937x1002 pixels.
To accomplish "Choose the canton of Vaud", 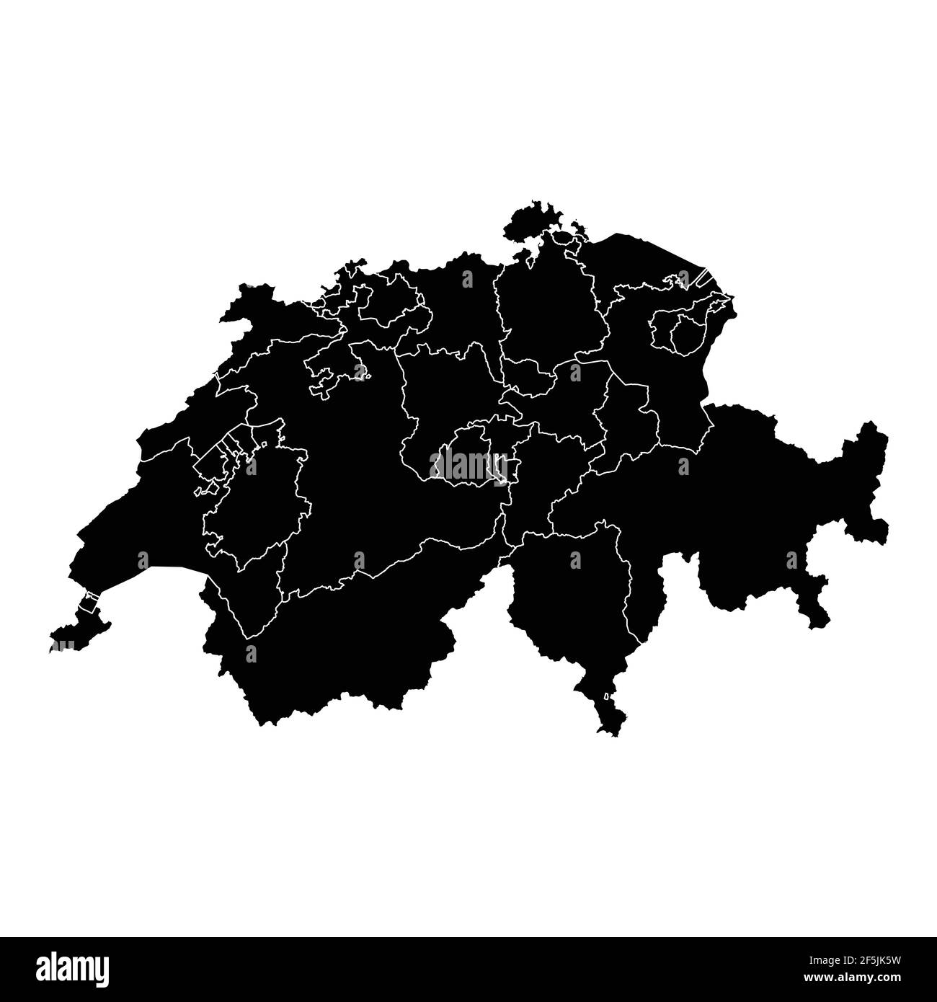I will point(159,519).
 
